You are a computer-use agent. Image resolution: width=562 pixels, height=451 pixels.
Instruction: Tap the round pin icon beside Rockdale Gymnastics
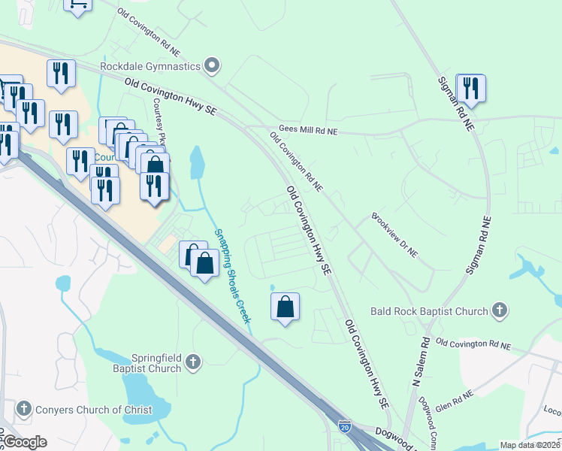tap(212, 66)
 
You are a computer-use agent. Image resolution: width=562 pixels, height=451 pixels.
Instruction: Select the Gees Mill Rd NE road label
tap(308, 131)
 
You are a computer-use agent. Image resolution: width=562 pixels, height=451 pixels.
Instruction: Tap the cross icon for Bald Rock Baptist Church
tap(498, 310)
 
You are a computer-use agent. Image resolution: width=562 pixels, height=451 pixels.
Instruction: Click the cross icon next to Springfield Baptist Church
tap(193, 363)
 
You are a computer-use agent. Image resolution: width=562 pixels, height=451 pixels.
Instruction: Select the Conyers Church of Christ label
tap(93, 410)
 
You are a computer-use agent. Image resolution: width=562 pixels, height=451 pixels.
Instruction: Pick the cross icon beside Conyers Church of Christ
tap(23, 410)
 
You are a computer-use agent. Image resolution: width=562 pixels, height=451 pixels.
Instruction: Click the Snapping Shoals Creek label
tap(233, 275)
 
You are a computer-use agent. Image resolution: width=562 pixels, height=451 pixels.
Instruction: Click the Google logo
tap(25, 442)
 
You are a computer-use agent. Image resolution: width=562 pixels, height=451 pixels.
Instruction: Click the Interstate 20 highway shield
tap(344, 426)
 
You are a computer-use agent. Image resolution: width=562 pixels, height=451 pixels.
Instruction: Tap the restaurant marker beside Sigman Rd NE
tap(470, 87)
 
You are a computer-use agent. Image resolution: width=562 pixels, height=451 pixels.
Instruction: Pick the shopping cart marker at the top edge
tap(77, 5)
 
